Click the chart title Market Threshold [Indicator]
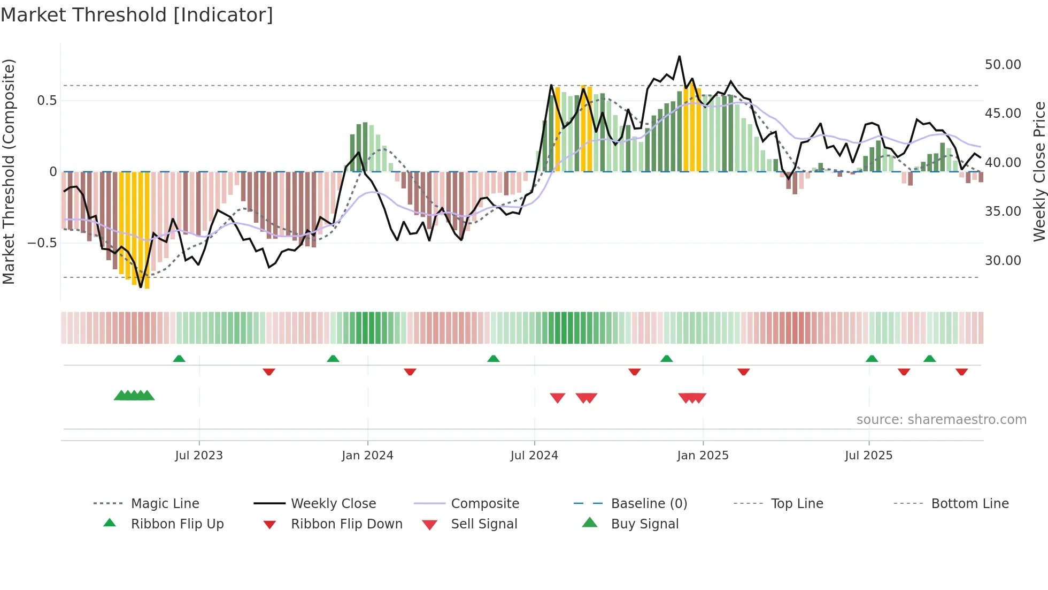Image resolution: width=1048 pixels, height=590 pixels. click(137, 15)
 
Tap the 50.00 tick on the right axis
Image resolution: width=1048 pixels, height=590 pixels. click(1003, 65)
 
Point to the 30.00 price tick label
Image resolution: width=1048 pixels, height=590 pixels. click(1003, 261)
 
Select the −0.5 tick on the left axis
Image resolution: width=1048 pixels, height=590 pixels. click(42, 243)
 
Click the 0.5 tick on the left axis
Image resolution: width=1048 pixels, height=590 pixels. click(47, 101)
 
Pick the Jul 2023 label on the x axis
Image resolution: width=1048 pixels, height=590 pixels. click(199, 456)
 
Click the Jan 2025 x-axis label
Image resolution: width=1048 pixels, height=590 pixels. click(703, 456)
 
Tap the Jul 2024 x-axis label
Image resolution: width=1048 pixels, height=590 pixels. click(534, 456)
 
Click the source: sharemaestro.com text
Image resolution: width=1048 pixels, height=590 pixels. click(941, 420)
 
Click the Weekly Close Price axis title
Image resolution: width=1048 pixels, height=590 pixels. click(1039, 171)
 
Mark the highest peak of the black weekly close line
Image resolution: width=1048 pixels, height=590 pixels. click(679, 56)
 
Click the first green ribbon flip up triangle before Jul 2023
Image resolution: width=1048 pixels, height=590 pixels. click(179, 359)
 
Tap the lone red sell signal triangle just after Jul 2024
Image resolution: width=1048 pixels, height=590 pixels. click(558, 398)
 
